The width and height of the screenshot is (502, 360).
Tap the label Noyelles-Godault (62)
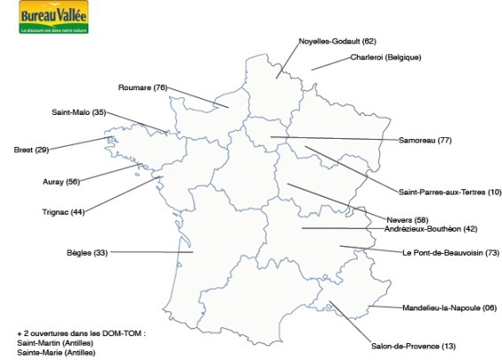(x=337, y=41)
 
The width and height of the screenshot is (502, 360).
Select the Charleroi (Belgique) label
(x=385, y=57)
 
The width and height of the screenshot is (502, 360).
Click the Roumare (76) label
(x=142, y=87)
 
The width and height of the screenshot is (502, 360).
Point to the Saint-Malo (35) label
(x=79, y=112)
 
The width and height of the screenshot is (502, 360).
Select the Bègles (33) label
(x=87, y=253)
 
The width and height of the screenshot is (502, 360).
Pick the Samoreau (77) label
(x=425, y=141)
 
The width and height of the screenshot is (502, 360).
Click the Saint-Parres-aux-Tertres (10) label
(x=450, y=192)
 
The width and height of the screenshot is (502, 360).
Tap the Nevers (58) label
(x=407, y=219)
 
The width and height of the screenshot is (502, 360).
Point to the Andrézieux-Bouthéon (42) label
(x=430, y=229)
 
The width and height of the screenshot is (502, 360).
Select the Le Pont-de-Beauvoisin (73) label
(x=451, y=253)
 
